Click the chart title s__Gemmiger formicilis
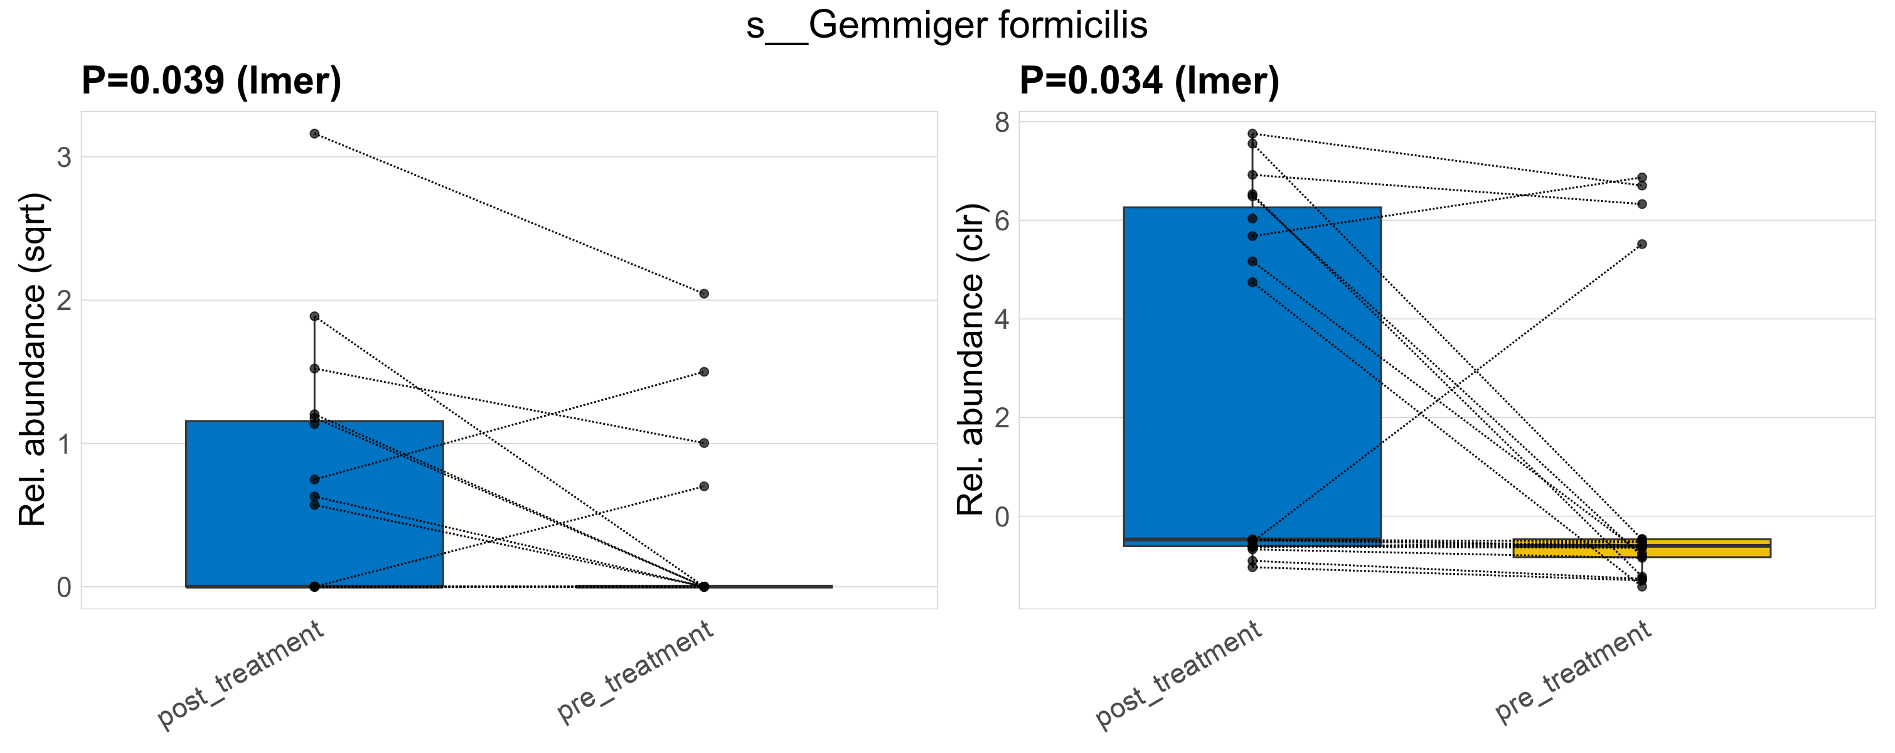[947, 26]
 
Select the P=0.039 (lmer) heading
[211, 81]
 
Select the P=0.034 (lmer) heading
[1149, 81]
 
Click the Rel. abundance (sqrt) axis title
[33, 360]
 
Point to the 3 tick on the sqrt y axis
[65, 158]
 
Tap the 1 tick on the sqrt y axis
[65, 444]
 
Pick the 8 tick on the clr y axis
[1002, 122]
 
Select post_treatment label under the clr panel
[1179, 675]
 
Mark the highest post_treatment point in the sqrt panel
[314, 134]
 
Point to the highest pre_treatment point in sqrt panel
[704, 294]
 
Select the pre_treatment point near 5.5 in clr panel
[1642, 244]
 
